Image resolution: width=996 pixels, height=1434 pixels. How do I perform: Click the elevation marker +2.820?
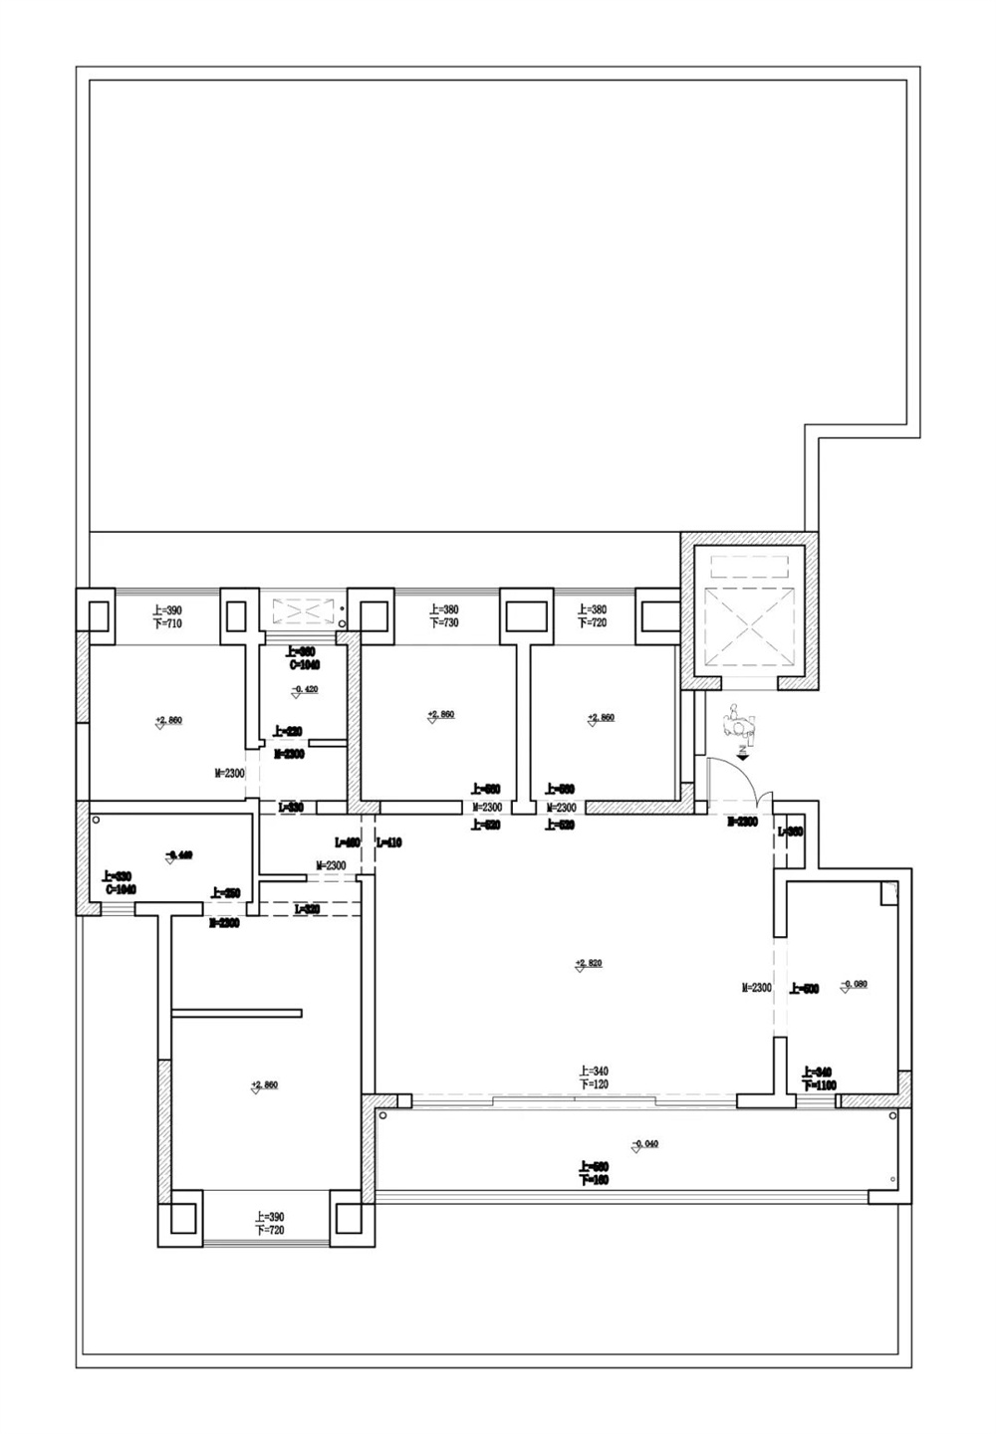pos(589,964)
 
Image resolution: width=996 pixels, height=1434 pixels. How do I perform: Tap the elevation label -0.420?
pos(304,689)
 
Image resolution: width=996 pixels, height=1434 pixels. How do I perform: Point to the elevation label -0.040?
pos(644,1144)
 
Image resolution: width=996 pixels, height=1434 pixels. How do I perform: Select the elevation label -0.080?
pos(854,985)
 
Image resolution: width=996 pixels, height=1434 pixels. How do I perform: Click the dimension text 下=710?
pos(166,624)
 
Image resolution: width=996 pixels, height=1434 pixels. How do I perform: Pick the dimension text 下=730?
pos(444,622)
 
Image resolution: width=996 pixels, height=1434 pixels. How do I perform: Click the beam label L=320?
pos(307,909)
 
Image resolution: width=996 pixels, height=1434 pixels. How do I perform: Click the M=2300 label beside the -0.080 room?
pos(757,988)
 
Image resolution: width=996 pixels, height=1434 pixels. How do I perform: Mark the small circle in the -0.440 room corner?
pos(97,821)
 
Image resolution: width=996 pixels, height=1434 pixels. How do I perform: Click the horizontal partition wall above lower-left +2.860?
pos(236,1014)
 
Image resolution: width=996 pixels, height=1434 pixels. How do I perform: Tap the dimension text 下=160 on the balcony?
pos(593,1180)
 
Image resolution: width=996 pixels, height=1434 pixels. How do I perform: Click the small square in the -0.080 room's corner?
pos(888,894)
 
